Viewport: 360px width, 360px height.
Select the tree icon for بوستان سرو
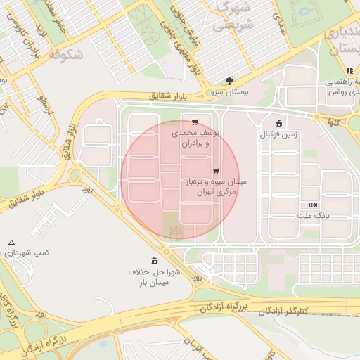[x=229, y=81]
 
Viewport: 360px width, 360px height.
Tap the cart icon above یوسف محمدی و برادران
[x=195, y=122]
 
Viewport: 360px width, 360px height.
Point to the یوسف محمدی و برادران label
[x=196, y=137]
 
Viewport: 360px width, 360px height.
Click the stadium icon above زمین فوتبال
[x=278, y=122]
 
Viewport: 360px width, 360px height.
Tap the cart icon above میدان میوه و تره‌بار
[x=215, y=170]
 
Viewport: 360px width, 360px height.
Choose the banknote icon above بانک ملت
[x=313, y=205]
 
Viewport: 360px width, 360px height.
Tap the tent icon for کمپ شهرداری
[x=11, y=243]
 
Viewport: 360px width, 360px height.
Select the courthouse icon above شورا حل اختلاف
[x=155, y=261]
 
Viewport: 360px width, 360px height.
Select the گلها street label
[x=331, y=122]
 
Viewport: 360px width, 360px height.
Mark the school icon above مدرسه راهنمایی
[x=349, y=70]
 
